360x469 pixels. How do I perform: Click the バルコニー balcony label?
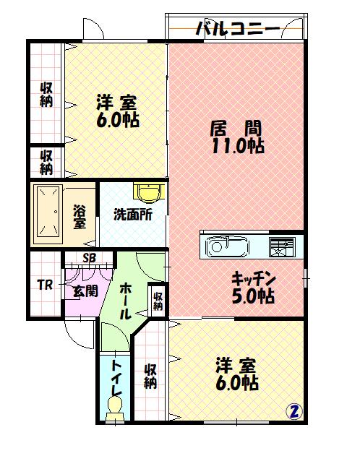238,30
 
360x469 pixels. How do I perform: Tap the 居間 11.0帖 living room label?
236,137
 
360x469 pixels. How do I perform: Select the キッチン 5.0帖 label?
254,287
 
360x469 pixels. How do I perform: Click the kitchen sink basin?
227,246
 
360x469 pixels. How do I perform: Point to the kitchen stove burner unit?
282,247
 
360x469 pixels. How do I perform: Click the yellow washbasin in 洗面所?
149,192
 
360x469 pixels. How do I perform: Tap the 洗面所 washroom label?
133,215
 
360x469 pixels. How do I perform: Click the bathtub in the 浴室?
48,214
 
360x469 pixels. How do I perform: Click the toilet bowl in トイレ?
115,409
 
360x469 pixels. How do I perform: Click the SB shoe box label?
89,258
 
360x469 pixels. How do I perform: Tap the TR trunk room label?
46,285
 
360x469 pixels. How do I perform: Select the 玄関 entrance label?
86,290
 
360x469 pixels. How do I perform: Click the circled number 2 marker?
294,412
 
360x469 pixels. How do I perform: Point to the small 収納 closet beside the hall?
158,301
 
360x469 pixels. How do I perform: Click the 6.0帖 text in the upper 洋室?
117,120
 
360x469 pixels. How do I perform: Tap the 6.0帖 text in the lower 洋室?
237,383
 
